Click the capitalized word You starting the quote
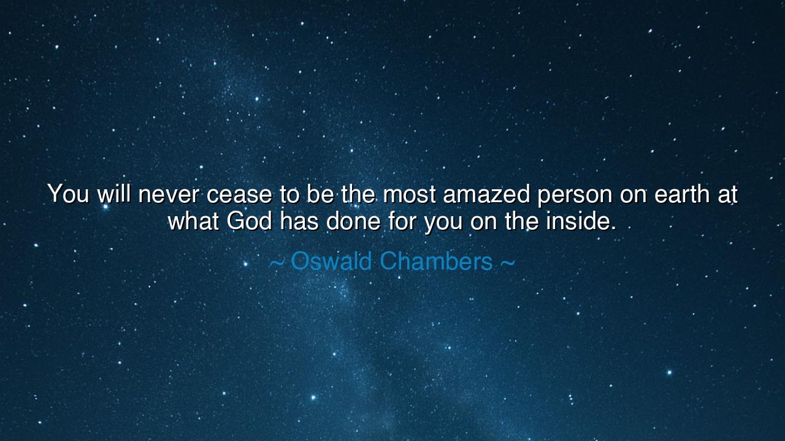pos(68,195)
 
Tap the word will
pos(114,195)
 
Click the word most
pos(409,195)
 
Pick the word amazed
pos(486,195)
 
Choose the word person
pos(574,195)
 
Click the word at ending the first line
pos(727,195)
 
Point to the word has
pos(299,221)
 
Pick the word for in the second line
pos(401,221)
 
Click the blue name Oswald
pos(331,262)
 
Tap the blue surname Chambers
pos(436,262)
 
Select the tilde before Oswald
pos(277,263)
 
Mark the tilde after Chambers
pos(508,263)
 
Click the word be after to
pos(321,195)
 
